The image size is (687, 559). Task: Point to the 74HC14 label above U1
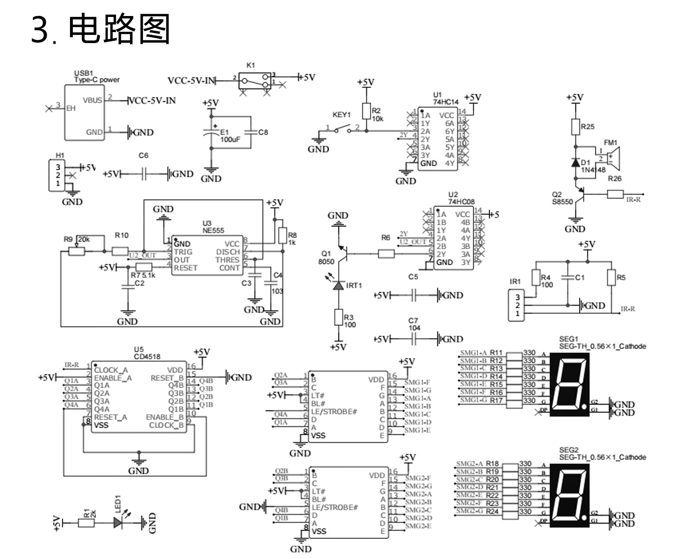(445, 102)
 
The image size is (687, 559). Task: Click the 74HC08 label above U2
(461, 202)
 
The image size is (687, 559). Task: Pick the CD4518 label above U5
(147, 356)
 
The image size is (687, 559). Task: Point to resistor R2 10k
(365, 111)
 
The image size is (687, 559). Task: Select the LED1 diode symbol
(119, 522)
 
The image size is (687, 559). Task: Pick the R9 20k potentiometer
(76, 251)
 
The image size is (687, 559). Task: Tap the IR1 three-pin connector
(517, 305)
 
